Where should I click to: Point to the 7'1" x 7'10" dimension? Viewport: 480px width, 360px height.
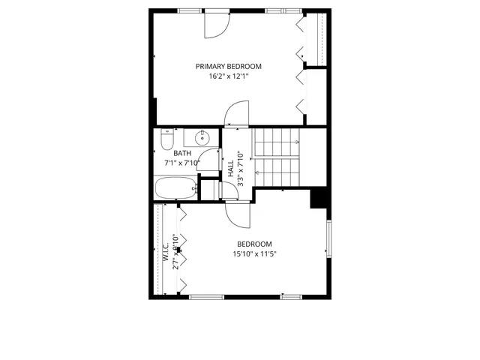pos(181,162)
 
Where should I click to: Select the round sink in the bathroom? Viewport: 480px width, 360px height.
pos(202,138)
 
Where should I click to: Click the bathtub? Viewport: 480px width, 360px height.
pos(175,188)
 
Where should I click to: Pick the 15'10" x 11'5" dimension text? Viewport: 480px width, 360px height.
pos(254,253)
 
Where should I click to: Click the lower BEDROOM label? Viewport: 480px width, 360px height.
pos(254,244)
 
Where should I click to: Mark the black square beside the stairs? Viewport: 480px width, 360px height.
pos(319,198)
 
